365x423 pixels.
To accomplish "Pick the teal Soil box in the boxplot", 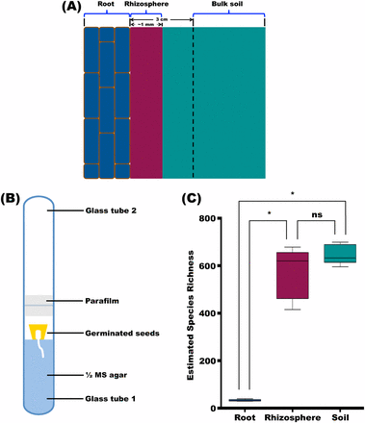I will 338,253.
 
